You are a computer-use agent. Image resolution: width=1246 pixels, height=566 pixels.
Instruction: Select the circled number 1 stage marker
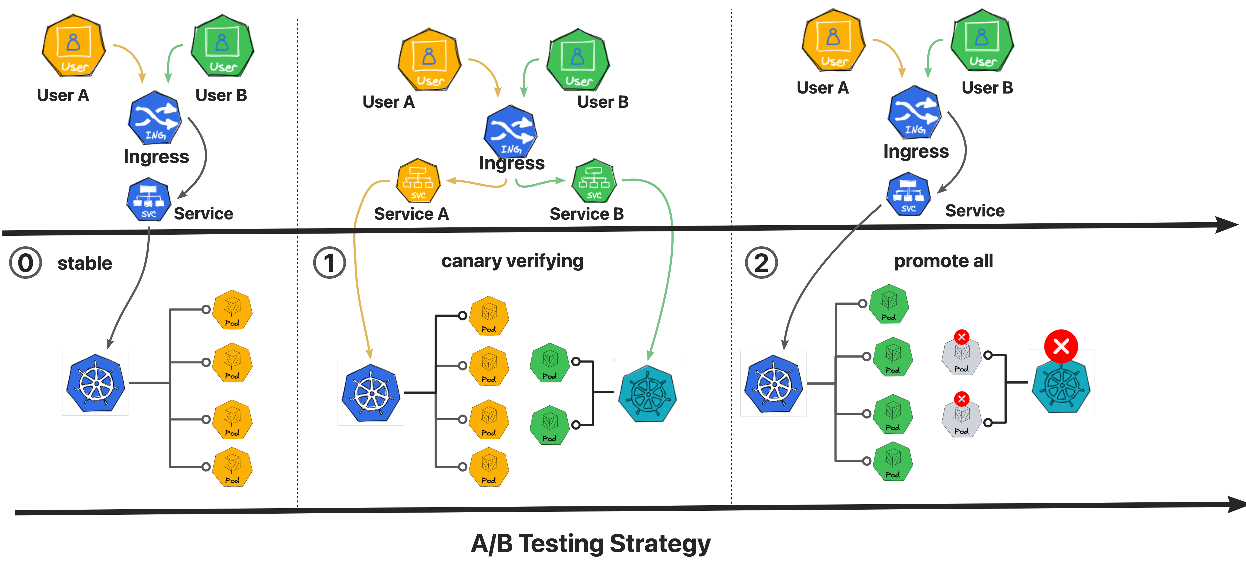(x=329, y=263)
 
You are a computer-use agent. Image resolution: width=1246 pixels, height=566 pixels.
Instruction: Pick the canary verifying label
(x=512, y=261)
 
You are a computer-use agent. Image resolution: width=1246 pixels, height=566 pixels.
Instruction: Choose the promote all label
(x=943, y=261)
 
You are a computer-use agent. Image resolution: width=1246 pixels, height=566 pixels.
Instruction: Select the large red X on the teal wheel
(x=1061, y=346)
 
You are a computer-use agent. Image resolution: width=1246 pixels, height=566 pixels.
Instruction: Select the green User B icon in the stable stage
(x=222, y=46)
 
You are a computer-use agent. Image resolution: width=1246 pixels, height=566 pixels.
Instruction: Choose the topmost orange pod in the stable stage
(x=233, y=310)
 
